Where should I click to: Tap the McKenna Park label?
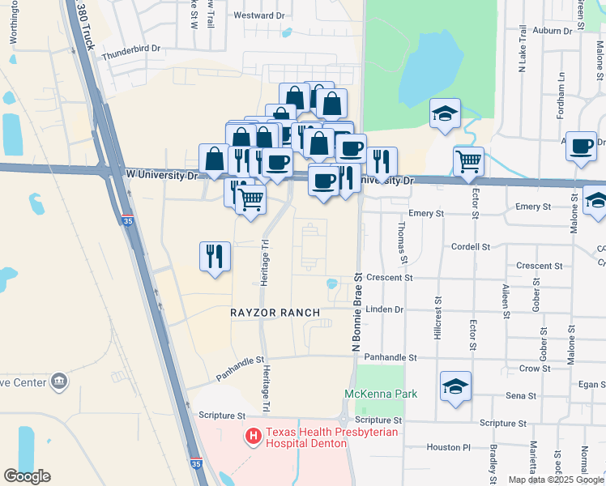(x=381, y=394)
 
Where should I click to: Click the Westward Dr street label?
(x=259, y=15)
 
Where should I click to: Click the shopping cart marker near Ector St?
(x=469, y=162)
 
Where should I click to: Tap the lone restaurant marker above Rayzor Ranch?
(x=215, y=257)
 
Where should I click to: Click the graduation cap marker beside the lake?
(x=445, y=113)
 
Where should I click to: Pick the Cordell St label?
(x=472, y=246)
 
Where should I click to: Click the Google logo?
(x=27, y=476)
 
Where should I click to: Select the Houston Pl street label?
(x=449, y=446)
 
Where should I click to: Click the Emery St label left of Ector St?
(x=427, y=213)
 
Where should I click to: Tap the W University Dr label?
(x=162, y=174)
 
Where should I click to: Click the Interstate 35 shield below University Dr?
(x=127, y=220)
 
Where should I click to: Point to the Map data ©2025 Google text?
(x=556, y=480)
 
